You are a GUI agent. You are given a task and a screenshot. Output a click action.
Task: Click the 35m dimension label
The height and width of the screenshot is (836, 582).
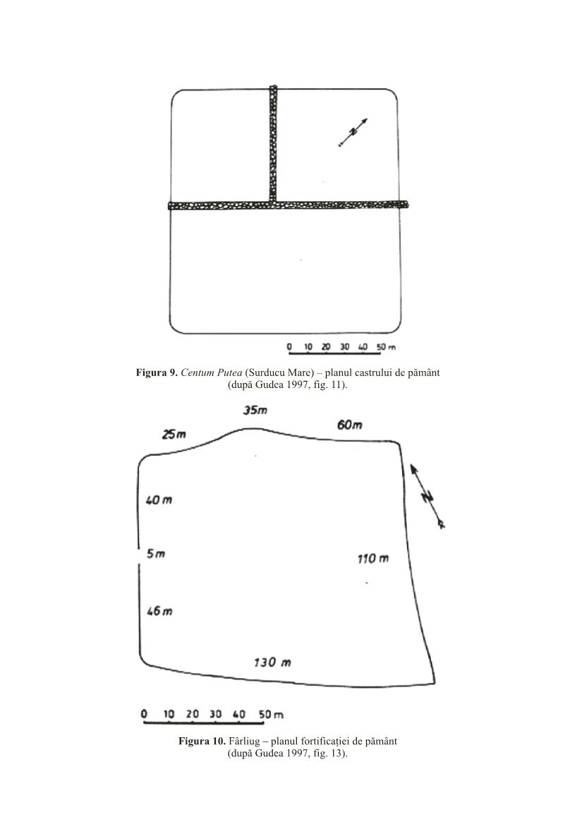click(255, 410)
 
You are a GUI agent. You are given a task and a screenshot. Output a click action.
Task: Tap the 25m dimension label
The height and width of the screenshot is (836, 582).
click(174, 435)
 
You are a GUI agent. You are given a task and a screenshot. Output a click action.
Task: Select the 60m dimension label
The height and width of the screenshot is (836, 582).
click(350, 425)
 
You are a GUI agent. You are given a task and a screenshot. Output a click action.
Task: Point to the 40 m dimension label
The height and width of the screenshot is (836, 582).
click(159, 500)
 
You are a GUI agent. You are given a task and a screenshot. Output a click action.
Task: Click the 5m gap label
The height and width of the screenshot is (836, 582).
click(156, 553)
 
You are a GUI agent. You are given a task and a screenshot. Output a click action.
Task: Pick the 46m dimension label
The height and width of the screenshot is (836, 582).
click(159, 611)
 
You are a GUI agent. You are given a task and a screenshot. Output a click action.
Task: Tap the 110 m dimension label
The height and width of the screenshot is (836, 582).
click(373, 559)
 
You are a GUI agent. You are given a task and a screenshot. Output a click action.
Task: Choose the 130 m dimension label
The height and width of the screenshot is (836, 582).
click(272, 662)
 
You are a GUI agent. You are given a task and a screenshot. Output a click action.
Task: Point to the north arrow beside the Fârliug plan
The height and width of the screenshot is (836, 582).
click(428, 497)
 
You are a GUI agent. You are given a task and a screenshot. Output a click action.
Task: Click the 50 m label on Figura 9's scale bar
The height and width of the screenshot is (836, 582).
click(386, 347)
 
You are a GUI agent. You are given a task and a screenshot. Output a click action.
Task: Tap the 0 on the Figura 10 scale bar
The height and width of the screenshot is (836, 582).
click(144, 714)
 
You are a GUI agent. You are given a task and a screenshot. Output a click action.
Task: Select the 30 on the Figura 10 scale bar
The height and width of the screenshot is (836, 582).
click(215, 714)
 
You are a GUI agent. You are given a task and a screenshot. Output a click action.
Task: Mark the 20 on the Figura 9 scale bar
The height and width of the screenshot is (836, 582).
click(326, 347)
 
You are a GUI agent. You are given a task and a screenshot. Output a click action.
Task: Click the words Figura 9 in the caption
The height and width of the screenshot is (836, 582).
click(157, 372)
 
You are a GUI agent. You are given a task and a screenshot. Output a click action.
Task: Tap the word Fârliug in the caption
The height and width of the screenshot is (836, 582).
click(244, 741)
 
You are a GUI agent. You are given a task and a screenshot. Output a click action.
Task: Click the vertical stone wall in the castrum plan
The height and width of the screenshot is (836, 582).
click(274, 143)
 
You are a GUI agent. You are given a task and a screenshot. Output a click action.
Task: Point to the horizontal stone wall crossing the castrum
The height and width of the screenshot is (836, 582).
click(289, 205)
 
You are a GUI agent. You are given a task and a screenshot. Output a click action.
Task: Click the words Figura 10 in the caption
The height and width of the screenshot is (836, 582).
click(202, 741)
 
